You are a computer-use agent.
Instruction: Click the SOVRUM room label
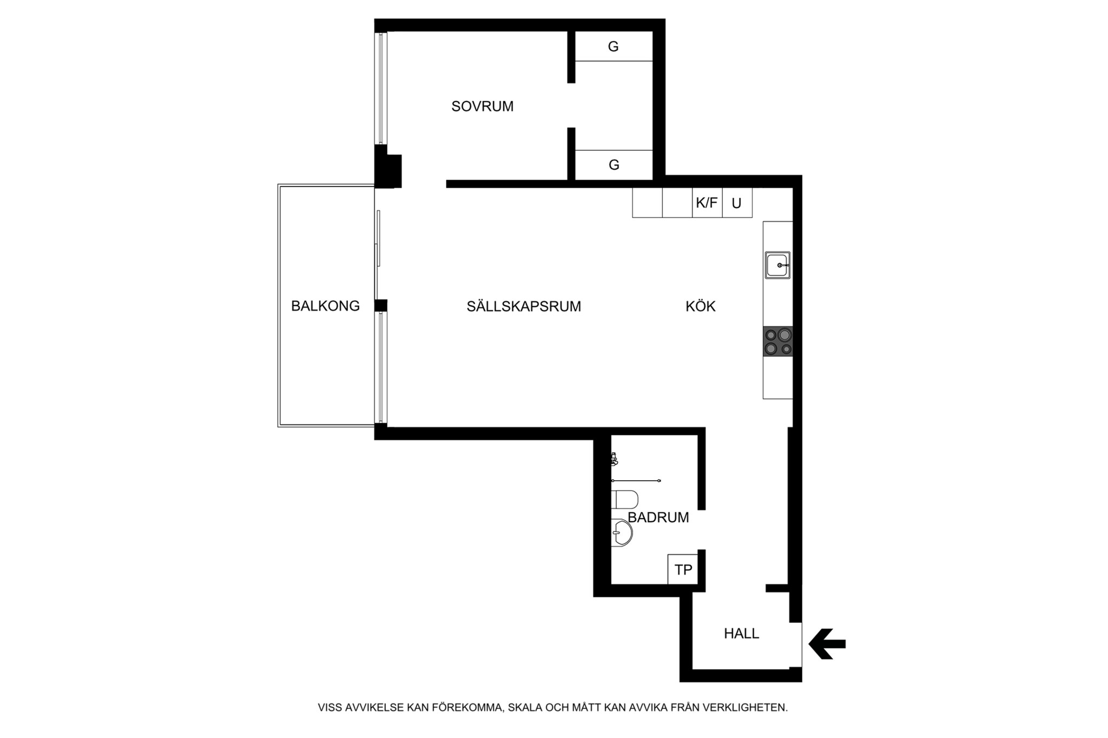point(482,107)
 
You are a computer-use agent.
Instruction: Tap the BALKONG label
point(325,306)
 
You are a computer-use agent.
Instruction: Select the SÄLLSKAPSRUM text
point(524,307)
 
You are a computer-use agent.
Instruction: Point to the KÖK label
point(701,307)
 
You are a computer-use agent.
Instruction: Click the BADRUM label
point(658,517)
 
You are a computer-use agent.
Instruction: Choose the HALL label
point(741,633)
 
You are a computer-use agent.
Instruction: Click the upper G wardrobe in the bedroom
point(614,46)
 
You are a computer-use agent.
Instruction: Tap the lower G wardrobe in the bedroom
point(614,164)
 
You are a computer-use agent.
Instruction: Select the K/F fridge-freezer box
point(707,203)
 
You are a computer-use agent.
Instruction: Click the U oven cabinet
point(737,203)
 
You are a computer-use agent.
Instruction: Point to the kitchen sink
point(777,265)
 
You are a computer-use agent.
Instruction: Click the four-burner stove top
point(778,342)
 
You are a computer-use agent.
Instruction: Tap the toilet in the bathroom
point(625,499)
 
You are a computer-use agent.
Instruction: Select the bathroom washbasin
point(622,533)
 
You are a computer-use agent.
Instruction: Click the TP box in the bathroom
point(683,569)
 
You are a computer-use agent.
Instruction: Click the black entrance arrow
point(827,644)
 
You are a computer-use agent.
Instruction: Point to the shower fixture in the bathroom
point(614,460)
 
